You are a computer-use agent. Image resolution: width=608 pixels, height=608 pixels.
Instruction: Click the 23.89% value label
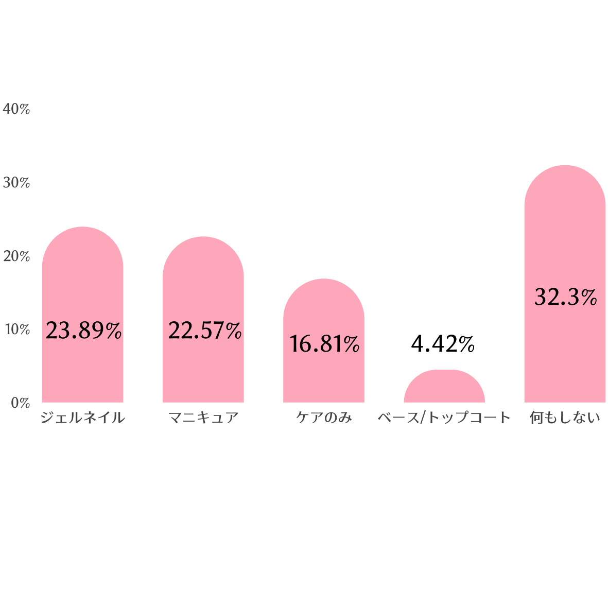pyautogui.click(x=83, y=331)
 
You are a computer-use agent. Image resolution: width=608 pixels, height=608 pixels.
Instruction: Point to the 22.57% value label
pyautogui.click(x=204, y=331)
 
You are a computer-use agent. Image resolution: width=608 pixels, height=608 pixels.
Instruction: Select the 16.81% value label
pyautogui.click(x=324, y=344)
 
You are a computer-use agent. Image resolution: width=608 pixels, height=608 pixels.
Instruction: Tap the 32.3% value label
pyautogui.click(x=565, y=297)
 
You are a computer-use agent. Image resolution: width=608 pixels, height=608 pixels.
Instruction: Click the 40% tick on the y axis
pyautogui.click(x=16, y=109)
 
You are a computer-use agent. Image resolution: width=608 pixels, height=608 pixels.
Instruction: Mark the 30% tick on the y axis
pyautogui.click(x=16, y=183)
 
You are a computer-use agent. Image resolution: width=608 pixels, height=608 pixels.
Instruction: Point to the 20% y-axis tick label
pyautogui.click(x=16, y=256)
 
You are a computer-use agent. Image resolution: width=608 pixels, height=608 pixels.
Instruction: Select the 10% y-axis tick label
pyautogui.click(x=16, y=329)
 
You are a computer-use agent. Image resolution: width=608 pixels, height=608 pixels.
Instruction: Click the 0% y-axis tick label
pyautogui.click(x=21, y=403)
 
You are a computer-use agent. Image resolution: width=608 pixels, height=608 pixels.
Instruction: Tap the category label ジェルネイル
pyautogui.click(x=82, y=418)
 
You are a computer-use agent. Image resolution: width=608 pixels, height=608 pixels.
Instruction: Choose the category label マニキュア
pyautogui.click(x=203, y=418)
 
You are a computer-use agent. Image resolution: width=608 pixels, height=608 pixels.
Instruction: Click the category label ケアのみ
pyautogui.click(x=324, y=418)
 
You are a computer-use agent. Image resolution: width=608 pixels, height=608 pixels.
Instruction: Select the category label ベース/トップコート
pyautogui.click(x=444, y=418)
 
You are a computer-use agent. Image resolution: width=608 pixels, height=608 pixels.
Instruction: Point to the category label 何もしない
pyautogui.click(x=565, y=418)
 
